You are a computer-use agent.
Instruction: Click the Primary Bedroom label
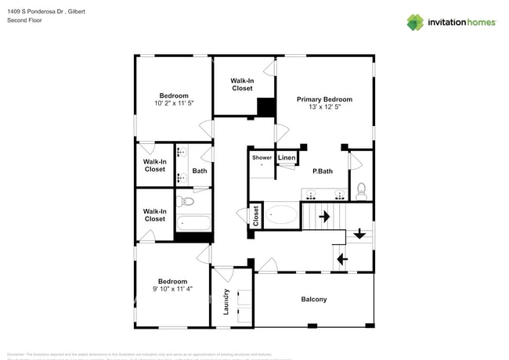point(323,99)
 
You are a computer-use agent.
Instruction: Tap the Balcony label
point(313,300)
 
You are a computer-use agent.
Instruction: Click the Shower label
point(262,158)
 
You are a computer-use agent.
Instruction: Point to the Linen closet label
point(287,158)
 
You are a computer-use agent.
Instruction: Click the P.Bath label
point(323,171)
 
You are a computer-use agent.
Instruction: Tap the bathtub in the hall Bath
point(193,222)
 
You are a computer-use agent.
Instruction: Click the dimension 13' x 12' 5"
point(323,108)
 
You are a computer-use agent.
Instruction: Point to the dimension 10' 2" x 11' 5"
point(173,104)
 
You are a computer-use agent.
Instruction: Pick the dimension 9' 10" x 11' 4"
point(172,289)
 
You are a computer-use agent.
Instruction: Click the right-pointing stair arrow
point(323,215)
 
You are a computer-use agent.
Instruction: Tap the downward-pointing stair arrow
point(359,233)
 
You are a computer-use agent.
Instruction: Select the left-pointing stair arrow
point(341,257)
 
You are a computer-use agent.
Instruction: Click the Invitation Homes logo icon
point(414,22)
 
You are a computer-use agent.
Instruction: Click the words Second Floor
point(23,20)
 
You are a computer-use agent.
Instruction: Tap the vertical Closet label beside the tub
point(255,216)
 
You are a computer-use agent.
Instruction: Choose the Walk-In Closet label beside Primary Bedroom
point(242,85)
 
